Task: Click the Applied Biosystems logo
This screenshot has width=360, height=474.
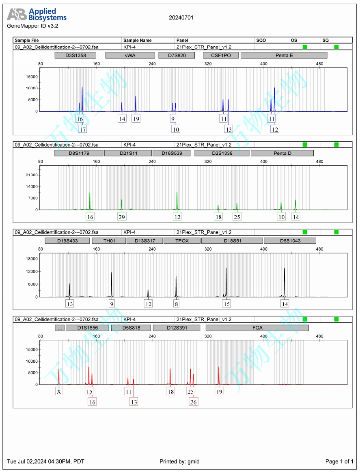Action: click(x=37, y=15)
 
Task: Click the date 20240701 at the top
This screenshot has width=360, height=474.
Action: click(x=181, y=17)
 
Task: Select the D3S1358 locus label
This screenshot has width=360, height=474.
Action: click(x=75, y=55)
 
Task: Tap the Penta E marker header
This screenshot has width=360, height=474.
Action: click(x=278, y=55)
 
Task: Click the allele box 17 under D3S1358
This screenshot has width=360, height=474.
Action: click(x=82, y=129)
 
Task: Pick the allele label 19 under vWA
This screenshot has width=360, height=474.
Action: click(x=136, y=119)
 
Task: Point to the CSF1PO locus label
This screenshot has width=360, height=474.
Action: click(x=221, y=55)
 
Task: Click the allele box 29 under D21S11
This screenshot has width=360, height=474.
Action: click(x=121, y=217)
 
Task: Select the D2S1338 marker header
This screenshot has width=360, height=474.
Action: click(x=222, y=153)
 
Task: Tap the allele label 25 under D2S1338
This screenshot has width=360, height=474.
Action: click(x=237, y=217)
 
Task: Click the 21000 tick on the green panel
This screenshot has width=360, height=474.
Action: click(x=32, y=175)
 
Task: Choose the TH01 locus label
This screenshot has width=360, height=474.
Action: click(x=109, y=241)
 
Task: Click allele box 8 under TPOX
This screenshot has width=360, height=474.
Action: click(x=176, y=304)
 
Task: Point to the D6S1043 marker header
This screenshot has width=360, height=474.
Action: click(x=290, y=241)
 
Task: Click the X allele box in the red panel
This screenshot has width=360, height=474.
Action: click(x=59, y=392)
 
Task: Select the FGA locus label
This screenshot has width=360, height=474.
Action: click(x=257, y=328)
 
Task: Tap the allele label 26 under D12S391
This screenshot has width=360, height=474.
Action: click(x=194, y=402)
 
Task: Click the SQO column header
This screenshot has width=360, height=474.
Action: click(x=261, y=40)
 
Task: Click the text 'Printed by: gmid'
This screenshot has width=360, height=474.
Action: click(x=179, y=461)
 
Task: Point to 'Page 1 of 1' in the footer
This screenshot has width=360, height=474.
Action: click(x=339, y=461)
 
